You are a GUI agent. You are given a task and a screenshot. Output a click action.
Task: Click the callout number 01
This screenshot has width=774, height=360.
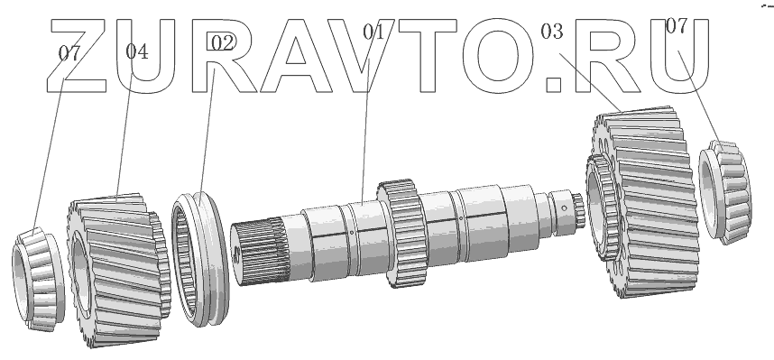[373, 32]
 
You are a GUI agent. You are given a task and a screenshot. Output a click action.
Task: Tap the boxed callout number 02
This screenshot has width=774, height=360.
[222, 42]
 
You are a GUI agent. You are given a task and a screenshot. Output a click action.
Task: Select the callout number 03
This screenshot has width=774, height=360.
[552, 32]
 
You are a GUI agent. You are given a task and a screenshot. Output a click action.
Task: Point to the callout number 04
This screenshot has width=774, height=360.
[137, 51]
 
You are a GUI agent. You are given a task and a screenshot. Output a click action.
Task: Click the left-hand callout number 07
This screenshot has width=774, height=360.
[69, 53]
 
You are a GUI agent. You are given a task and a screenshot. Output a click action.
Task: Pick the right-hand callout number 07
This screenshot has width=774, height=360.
[677, 26]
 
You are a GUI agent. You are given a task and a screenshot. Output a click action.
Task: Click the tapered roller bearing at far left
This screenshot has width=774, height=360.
[38, 280]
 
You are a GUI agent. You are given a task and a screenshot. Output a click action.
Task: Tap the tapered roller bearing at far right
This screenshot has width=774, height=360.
[725, 192]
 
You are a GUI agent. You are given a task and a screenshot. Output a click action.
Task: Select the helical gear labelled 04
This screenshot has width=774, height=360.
[118, 270]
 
